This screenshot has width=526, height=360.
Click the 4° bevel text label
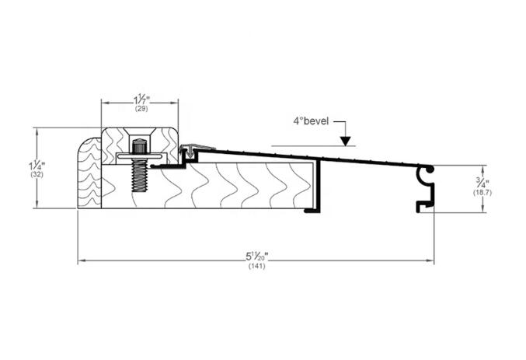click(x=311, y=121)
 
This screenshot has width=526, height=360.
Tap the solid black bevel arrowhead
click(x=345, y=142)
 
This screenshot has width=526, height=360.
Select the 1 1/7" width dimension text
click(x=141, y=100)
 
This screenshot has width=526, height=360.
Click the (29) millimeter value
click(x=141, y=109)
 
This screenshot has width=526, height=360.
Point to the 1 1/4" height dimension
click(x=37, y=166)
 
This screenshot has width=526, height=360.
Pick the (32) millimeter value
click(x=37, y=175)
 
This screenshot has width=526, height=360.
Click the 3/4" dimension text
click(x=482, y=183)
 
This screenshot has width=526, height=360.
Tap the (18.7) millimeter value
click(x=482, y=193)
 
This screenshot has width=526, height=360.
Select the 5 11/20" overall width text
click(x=257, y=257)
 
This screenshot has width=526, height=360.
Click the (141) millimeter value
click(x=257, y=266)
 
